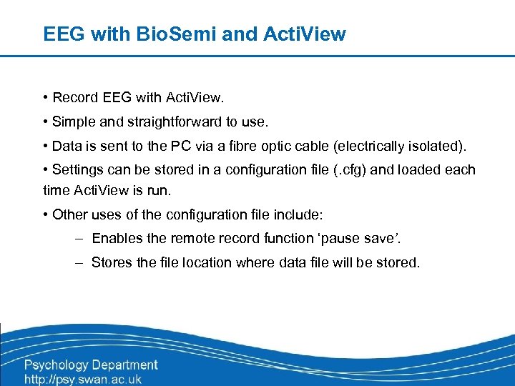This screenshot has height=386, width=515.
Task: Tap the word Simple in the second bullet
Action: click(x=75, y=122)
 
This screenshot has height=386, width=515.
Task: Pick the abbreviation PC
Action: click(x=202, y=147)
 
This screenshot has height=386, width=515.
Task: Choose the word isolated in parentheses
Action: click(x=437, y=147)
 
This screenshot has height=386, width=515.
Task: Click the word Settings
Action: click(x=77, y=170)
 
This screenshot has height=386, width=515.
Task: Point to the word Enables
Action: click(x=117, y=238)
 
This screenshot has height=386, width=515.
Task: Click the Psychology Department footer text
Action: click(x=91, y=365)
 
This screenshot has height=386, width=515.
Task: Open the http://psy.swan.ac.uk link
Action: click(x=83, y=379)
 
